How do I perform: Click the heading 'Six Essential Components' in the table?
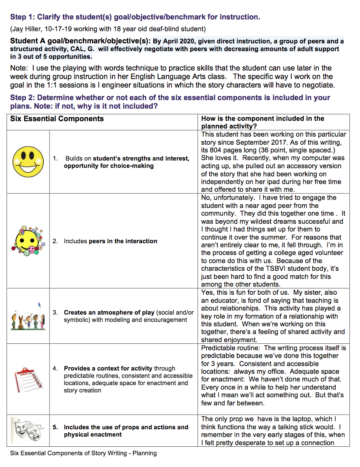click(57, 119)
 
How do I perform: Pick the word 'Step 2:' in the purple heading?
click(22, 98)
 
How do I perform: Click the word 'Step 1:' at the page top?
click(22, 17)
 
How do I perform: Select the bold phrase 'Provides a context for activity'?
click(108, 368)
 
